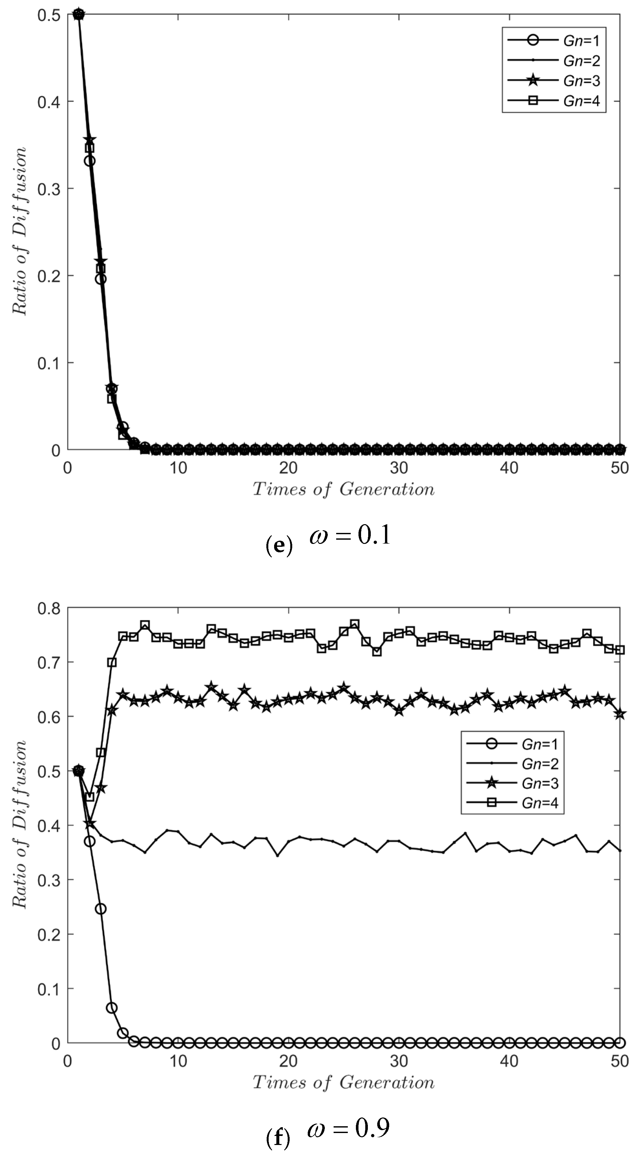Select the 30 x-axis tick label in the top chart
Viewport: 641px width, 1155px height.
[x=398, y=468]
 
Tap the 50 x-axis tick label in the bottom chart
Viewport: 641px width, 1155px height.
[x=619, y=1061]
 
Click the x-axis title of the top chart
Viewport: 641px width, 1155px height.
[x=343, y=489]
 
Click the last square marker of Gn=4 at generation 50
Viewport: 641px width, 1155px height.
[x=619, y=650]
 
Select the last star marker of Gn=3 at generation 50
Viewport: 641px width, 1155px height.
[x=619, y=714]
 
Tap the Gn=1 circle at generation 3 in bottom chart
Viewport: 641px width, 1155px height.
[x=101, y=909]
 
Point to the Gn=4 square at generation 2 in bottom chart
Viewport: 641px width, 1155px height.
[x=90, y=796]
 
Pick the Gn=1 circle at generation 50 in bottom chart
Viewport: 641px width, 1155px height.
[x=619, y=1043]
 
